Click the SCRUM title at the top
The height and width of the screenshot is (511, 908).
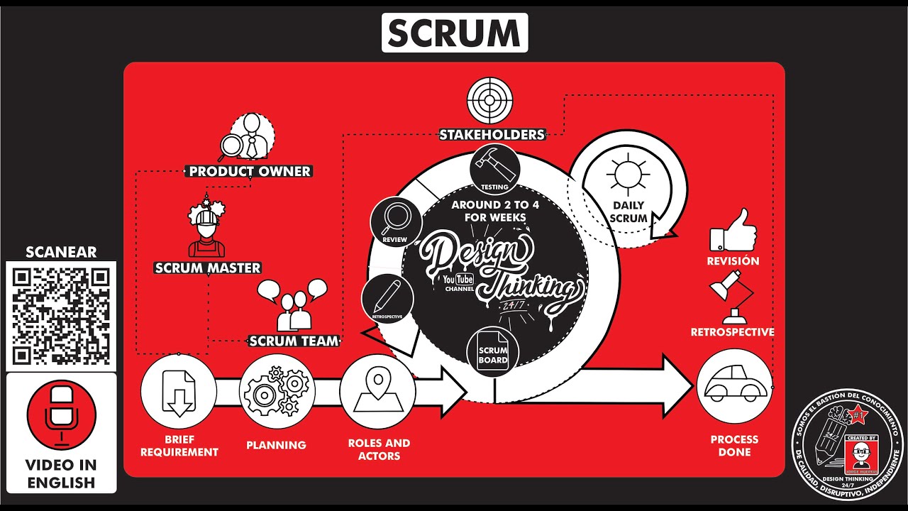[454, 33]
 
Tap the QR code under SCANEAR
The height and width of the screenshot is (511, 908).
[61, 316]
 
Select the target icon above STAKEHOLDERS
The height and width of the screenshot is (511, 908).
[490, 101]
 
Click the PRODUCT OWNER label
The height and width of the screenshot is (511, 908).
[250, 171]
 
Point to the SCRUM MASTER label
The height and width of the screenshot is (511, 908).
[208, 268]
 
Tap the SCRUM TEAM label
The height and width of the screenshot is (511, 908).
[294, 341]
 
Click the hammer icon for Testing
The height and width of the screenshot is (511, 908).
[494, 167]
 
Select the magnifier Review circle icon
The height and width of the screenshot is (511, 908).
[396, 221]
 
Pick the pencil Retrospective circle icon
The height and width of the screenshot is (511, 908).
[387, 298]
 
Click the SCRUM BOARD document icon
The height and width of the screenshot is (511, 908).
[492, 353]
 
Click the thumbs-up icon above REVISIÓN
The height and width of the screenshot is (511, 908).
[733, 230]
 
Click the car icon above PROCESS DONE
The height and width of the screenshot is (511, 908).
[733, 387]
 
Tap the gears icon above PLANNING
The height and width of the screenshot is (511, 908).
[277, 391]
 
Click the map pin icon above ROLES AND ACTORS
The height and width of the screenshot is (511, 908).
[377, 391]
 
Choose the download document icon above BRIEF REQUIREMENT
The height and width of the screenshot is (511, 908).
[178, 391]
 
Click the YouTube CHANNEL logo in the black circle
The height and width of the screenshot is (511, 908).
[459, 282]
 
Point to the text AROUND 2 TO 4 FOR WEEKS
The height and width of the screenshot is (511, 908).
[495, 211]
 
